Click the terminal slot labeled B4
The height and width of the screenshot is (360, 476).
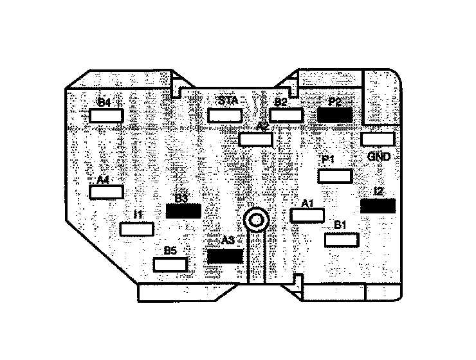click(106, 116)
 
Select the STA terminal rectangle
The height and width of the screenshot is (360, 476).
click(224, 116)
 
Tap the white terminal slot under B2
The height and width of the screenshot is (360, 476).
click(286, 115)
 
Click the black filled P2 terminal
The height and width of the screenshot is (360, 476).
click(334, 115)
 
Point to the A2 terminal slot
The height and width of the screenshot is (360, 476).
click(255, 139)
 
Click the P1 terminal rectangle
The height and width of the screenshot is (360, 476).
click(335, 176)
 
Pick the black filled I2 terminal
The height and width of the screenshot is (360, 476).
click(378, 206)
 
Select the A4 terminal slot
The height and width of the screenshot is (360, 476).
click(106, 192)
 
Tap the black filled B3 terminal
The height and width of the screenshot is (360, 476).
click(184, 211)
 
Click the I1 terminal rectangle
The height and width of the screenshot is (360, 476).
click(136, 229)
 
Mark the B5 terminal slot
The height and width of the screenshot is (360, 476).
click(170, 264)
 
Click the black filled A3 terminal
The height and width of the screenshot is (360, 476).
click(225, 256)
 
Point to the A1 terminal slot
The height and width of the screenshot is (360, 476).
click(307, 215)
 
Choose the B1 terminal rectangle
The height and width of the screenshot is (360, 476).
click(341, 240)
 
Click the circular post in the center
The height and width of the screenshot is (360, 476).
click(256, 221)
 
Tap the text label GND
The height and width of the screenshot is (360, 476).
click(379, 157)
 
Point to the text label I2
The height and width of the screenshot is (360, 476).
click(379, 191)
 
